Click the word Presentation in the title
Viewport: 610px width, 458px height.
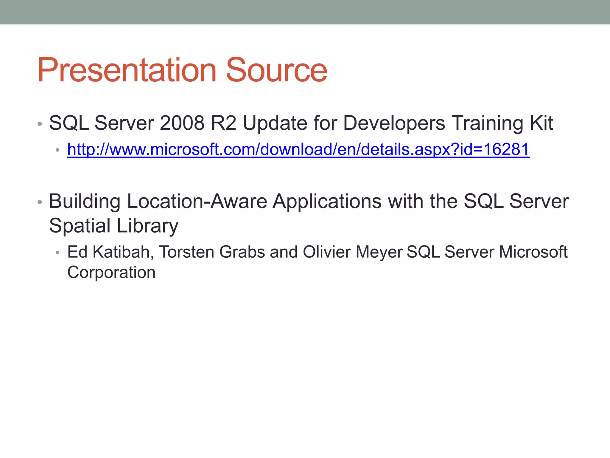coord(127,70)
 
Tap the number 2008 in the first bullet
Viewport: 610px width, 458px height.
coord(182,123)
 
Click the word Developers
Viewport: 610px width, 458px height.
coord(394,123)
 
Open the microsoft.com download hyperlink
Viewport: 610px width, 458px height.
coord(298,149)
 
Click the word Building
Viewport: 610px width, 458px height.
coord(85,202)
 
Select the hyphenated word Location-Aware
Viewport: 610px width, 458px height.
coord(197,201)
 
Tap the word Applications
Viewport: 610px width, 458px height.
coord(327,202)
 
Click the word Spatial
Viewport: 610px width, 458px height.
coord(80,226)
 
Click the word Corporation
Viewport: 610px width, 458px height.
coord(111,273)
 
